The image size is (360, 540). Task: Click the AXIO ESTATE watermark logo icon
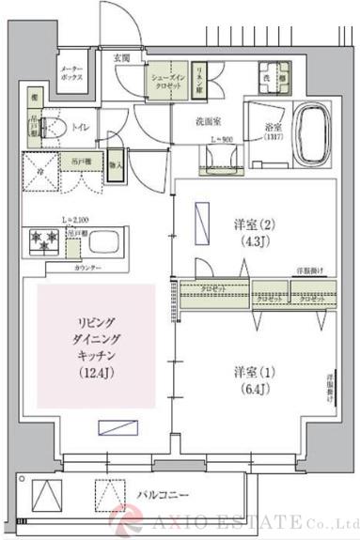pos(128,519)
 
